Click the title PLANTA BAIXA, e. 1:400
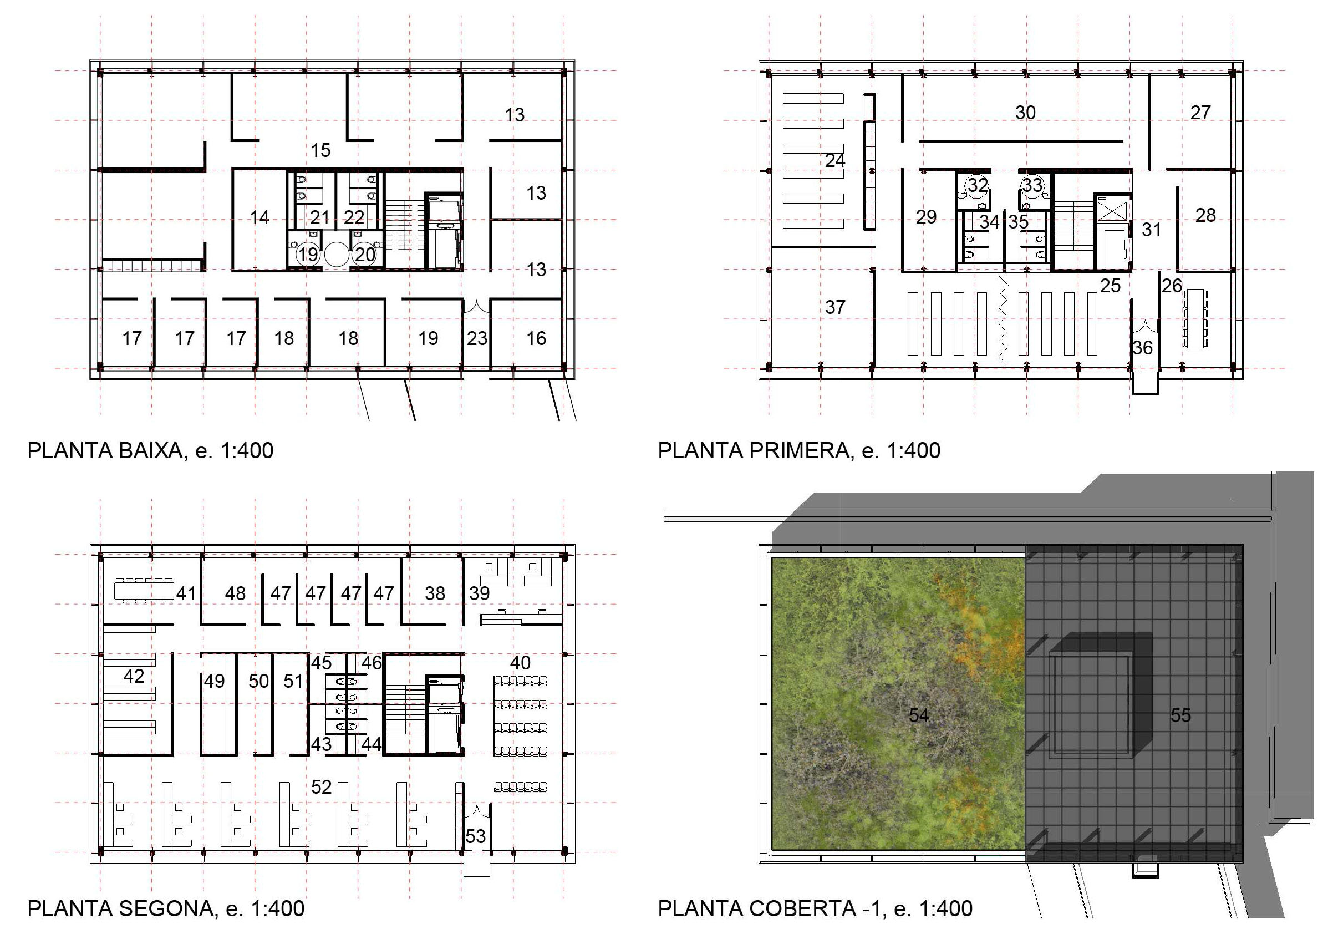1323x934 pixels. [x=150, y=450]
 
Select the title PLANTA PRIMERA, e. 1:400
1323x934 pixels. [x=799, y=450]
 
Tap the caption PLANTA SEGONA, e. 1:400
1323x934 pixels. [x=166, y=908]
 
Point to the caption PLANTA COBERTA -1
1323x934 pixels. [x=770, y=908]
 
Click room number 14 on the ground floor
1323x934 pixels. [x=260, y=217]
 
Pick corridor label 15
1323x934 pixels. [x=321, y=150]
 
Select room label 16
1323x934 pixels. [x=536, y=338]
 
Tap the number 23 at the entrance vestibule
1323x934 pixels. [x=477, y=338]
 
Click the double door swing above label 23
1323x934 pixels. [x=477, y=306]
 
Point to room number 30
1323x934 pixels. [x=1026, y=113]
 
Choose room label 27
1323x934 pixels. [x=1201, y=113]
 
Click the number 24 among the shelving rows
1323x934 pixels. [x=835, y=160]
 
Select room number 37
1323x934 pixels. [x=836, y=307]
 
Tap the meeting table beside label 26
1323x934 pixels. [x=1195, y=318]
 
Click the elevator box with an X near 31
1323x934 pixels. [x=1112, y=210]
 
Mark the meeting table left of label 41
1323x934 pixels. [x=144, y=590]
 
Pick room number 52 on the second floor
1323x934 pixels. [x=322, y=787]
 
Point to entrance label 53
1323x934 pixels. [x=475, y=836]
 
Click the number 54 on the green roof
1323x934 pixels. [x=919, y=715]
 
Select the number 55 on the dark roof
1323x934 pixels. [x=1180, y=715]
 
